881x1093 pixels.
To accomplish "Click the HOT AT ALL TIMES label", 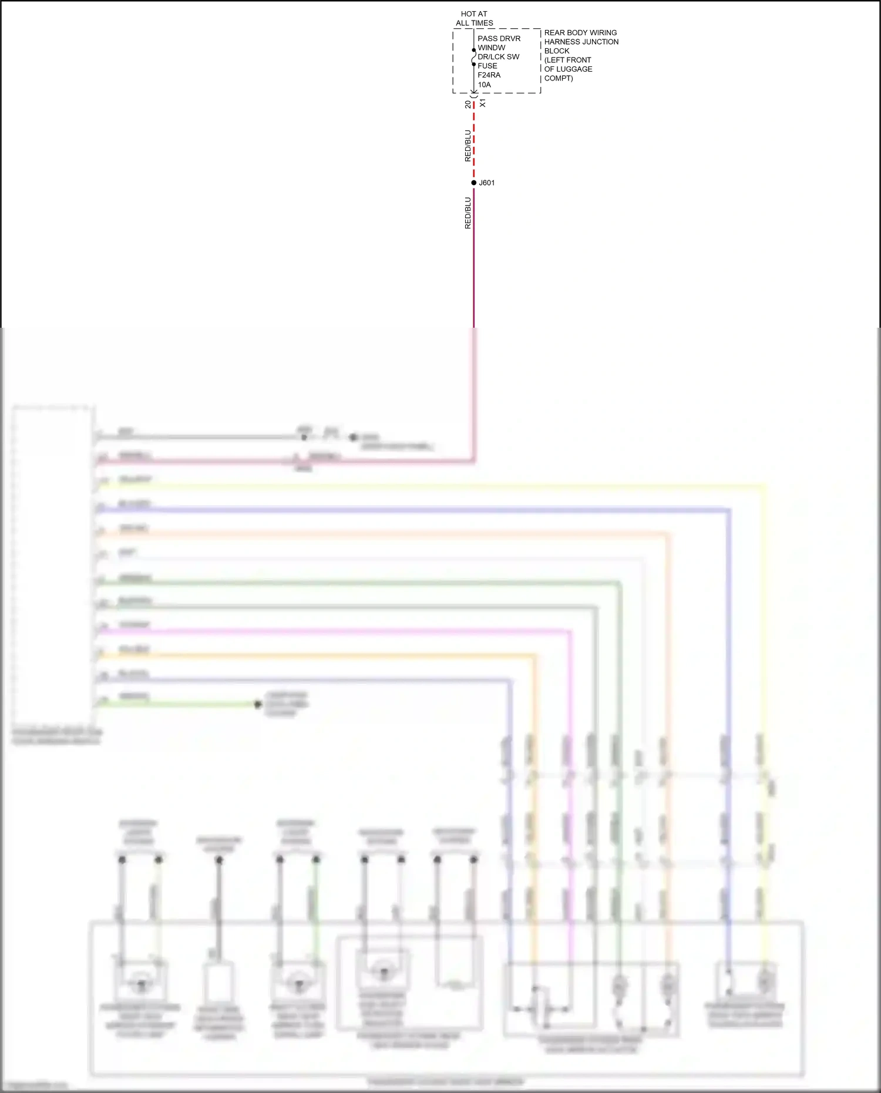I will point(474,18).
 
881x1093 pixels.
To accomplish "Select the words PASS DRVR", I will point(499,39).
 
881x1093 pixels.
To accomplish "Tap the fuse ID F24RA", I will point(489,75).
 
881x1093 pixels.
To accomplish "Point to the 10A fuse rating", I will point(484,85).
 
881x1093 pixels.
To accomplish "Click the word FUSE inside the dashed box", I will point(487,66).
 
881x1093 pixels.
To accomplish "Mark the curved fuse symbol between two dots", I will point(473,57).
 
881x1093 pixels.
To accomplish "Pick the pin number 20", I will point(468,105).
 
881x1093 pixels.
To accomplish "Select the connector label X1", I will point(483,103).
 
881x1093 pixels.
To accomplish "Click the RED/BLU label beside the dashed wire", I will point(468,146).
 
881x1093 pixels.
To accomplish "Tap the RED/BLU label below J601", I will point(468,213).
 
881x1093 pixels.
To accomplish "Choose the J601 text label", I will point(487,183).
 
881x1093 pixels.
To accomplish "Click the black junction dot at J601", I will point(474,183).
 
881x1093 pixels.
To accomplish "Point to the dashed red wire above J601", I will point(474,141).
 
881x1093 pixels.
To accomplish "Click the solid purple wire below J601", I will point(474,264).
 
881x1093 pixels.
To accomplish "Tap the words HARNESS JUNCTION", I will point(581,42).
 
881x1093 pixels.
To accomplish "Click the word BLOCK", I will point(557,51).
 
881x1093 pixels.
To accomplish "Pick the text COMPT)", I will point(559,78).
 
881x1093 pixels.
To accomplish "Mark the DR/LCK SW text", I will point(498,57).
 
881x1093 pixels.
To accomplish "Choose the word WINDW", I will point(491,48).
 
